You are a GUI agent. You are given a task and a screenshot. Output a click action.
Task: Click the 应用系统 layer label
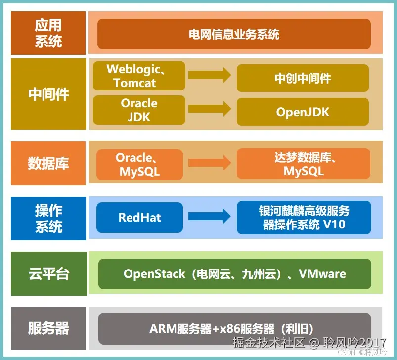click(x=48, y=34)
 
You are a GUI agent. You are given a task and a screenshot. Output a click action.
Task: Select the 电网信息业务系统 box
click(x=234, y=34)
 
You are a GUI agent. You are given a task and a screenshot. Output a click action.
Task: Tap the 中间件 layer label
click(x=48, y=94)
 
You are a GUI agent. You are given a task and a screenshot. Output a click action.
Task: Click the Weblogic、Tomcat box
click(x=139, y=76)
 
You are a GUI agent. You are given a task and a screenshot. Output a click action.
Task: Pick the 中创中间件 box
click(x=303, y=78)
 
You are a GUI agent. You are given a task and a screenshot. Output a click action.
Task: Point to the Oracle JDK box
click(x=139, y=110)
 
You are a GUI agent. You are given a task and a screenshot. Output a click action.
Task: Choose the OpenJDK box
click(x=303, y=112)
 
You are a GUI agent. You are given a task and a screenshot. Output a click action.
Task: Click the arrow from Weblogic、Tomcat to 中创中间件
click(x=210, y=76)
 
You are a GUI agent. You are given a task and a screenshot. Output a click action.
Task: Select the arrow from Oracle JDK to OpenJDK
click(x=210, y=109)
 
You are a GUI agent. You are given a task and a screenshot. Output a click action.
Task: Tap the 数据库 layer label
click(x=48, y=163)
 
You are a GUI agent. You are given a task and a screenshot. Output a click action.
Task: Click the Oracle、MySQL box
click(x=139, y=165)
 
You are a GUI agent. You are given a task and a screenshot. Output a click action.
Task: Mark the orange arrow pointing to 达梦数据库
click(x=210, y=163)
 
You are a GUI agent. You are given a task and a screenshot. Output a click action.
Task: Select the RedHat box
click(x=139, y=217)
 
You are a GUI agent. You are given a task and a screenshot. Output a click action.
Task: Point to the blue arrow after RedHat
click(x=210, y=216)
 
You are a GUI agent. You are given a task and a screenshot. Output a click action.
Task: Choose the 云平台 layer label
click(x=48, y=273)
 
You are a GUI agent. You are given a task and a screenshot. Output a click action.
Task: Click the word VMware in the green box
click(x=322, y=274)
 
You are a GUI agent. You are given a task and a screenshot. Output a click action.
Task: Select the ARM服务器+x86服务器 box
click(x=234, y=329)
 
